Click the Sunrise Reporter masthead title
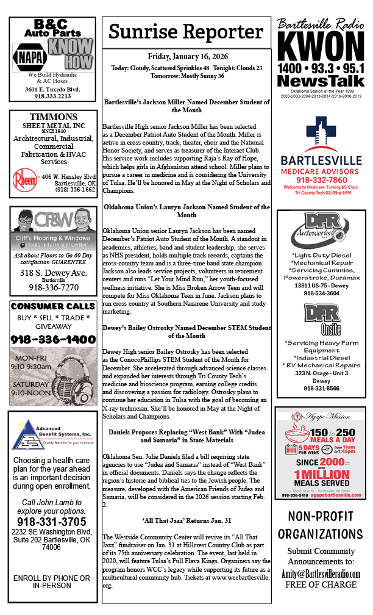tap(187, 32)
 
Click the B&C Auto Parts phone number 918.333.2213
tap(52, 96)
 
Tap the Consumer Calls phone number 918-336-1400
tap(52, 339)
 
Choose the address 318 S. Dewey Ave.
tap(52, 273)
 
